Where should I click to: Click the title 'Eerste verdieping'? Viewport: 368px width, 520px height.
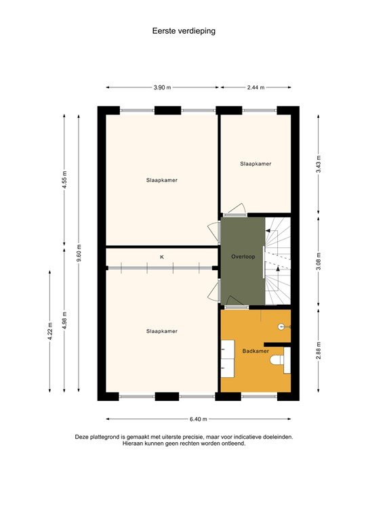click(184, 30)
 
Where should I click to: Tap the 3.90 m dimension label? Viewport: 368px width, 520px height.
click(162, 88)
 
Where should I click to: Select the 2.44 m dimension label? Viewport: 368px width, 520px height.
click(255, 88)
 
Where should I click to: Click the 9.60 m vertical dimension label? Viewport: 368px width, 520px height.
click(79, 253)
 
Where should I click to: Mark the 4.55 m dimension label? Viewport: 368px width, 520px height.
click(64, 179)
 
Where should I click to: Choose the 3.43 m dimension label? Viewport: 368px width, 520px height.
click(319, 164)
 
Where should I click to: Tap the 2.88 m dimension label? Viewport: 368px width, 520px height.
click(319, 352)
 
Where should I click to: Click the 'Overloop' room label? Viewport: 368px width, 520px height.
click(242, 258)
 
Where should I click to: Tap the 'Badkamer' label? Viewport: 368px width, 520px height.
click(255, 351)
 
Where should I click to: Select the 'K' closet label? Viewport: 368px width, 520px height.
click(162, 257)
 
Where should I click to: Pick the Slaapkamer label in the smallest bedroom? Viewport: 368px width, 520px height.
click(255, 164)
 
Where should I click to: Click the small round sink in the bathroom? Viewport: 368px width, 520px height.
click(281, 326)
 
